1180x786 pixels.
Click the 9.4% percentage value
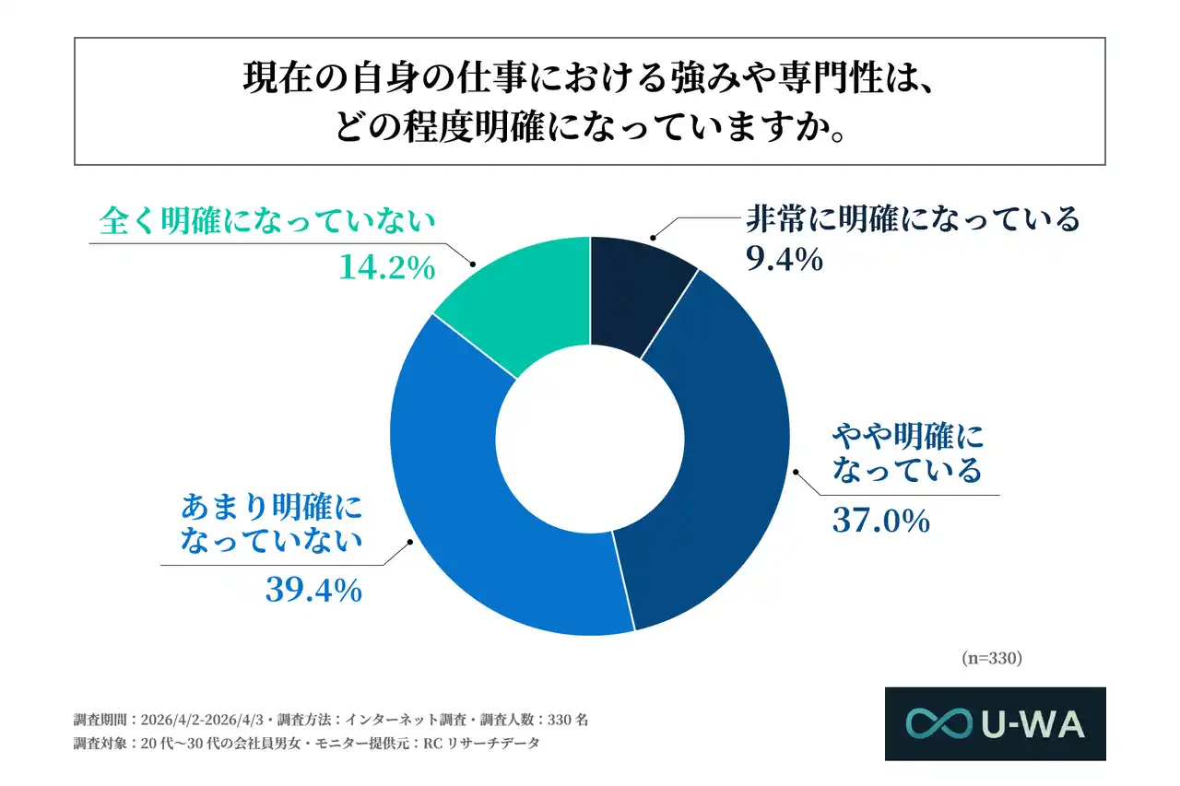click(x=783, y=261)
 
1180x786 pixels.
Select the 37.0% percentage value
click(x=880, y=522)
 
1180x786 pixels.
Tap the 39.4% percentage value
click(x=313, y=590)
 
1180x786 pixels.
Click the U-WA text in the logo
click(x=1032, y=724)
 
